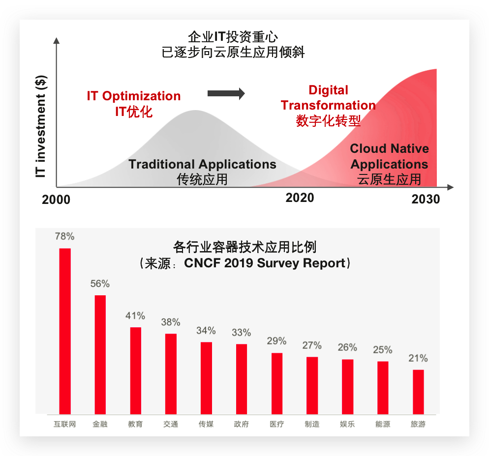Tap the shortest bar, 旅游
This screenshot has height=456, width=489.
coord(418,391)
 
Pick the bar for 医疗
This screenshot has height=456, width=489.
coord(277,383)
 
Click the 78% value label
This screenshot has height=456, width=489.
coord(65,236)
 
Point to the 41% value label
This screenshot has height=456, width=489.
coord(135,315)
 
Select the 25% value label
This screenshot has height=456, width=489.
coord(383,350)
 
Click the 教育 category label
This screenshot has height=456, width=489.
coord(135,424)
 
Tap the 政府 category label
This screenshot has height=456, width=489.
coord(242,424)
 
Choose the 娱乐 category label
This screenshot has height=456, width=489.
coord(347,424)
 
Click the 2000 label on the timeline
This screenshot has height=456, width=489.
coord(56,200)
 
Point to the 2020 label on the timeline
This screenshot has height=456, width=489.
coord(300,198)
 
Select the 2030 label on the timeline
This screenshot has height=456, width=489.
coord(426,200)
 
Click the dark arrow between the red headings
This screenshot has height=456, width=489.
coord(226,93)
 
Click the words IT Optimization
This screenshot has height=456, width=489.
coord(134,96)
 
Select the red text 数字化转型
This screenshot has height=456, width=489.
coord(328,121)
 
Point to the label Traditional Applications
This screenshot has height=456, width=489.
coord(202,164)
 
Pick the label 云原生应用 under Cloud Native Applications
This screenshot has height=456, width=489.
coord(389,179)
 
